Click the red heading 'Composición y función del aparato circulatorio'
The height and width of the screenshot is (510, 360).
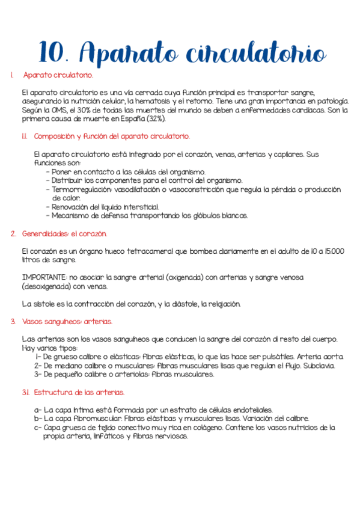(112, 137)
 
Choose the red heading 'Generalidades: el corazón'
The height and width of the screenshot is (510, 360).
(64, 233)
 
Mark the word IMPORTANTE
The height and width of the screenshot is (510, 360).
(43, 277)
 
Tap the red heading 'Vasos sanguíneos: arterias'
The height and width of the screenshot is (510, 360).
(67, 322)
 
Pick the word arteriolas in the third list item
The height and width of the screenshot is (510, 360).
(128, 374)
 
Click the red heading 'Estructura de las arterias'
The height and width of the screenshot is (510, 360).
(79, 392)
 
